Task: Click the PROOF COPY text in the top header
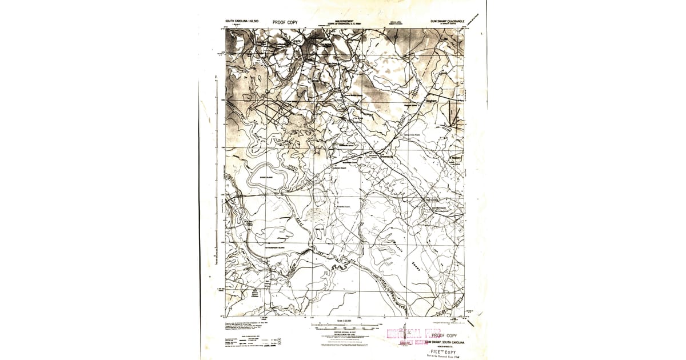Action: [x=285, y=22]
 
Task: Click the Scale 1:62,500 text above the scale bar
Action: [x=344, y=321]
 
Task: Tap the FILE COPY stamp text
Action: [x=445, y=352]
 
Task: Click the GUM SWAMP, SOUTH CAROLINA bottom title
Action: [x=445, y=342]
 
